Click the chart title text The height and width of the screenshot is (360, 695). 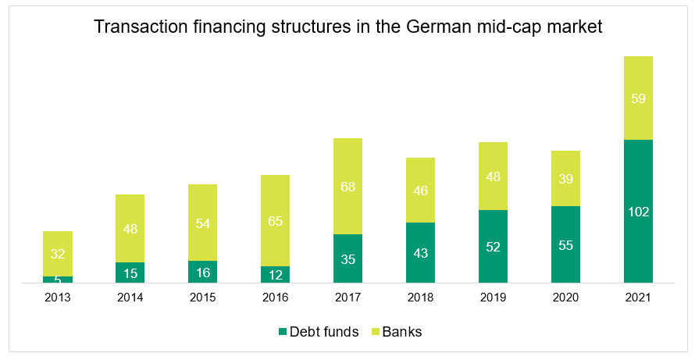pyautogui.click(x=347, y=27)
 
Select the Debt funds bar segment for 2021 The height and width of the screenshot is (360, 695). pyautogui.click(x=638, y=234)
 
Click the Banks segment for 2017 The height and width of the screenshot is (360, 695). pyautogui.click(x=347, y=186)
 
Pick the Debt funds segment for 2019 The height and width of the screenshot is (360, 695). pyautogui.click(x=493, y=246)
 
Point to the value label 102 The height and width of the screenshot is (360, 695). pyautogui.click(x=638, y=212)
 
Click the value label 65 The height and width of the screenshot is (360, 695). pyautogui.click(x=275, y=220)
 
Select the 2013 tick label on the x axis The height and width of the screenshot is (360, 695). pyautogui.click(x=57, y=297)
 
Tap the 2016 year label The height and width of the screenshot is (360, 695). pyautogui.click(x=275, y=297)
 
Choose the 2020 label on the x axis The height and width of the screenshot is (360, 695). pyautogui.click(x=565, y=297)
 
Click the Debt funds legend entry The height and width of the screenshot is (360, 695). pyautogui.click(x=318, y=332)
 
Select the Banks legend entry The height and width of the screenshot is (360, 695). pyautogui.click(x=395, y=332)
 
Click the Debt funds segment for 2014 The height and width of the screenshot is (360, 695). pyautogui.click(x=130, y=273)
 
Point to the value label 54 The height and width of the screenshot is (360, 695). pyautogui.click(x=202, y=223)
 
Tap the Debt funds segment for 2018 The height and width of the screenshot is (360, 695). pyautogui.click(x=420, y=252)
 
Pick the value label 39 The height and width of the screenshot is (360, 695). pyautogui.click(x=565, y=179)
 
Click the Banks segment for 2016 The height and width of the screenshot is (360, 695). pyautogui.click(x=275, y=203)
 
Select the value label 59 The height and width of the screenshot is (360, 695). pyautogui.click(x=638, y=98)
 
